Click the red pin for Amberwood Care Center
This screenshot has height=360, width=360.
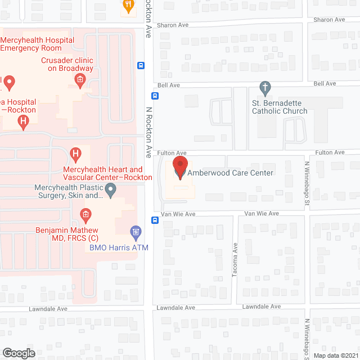coord(180,168)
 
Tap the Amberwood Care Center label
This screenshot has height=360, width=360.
coord(230,173)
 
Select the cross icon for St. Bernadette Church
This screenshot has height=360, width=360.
coord(265,88)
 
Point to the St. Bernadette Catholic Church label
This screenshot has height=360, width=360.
coord(279,107)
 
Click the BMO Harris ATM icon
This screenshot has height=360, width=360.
coord(135,231)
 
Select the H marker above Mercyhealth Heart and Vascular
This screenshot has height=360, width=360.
coord(76,154)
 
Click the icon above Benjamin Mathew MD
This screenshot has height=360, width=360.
coord(85,214)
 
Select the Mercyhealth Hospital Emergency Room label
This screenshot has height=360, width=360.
coord(38,44)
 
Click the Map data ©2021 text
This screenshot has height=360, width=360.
coord(335,355)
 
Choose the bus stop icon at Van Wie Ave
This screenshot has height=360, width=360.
coord(155,220)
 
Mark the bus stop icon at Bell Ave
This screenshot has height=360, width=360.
coord(155,96)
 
